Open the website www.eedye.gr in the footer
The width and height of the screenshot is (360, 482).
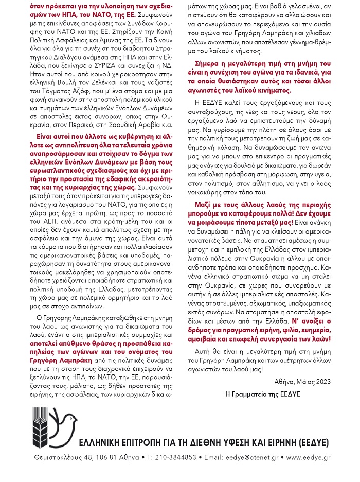pyautogui.click(x=309, y=457)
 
